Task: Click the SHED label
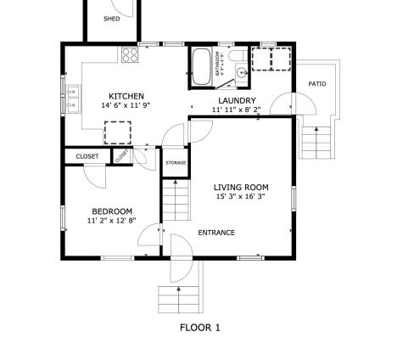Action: pos(111,18)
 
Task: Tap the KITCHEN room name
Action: pos(126,96)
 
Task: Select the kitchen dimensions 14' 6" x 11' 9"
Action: pos(126,106)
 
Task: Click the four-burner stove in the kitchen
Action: pos(131,55)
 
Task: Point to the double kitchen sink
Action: pos(73,98)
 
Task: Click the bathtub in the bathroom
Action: pos(202,67)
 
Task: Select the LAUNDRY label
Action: pos(237,100)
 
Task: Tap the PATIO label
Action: pos(316,84)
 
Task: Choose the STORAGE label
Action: pos(176,162)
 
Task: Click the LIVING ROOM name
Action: pos(241,187)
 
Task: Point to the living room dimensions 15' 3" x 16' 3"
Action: pos(240,196)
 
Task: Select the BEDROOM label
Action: pos(112,211)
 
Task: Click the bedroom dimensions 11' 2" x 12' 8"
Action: pos(110,221)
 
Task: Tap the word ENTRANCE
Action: pos(216,233)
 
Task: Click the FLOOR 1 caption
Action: pos(200,327)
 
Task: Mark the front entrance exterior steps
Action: pos(178,299)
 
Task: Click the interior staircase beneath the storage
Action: pos(175,201)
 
